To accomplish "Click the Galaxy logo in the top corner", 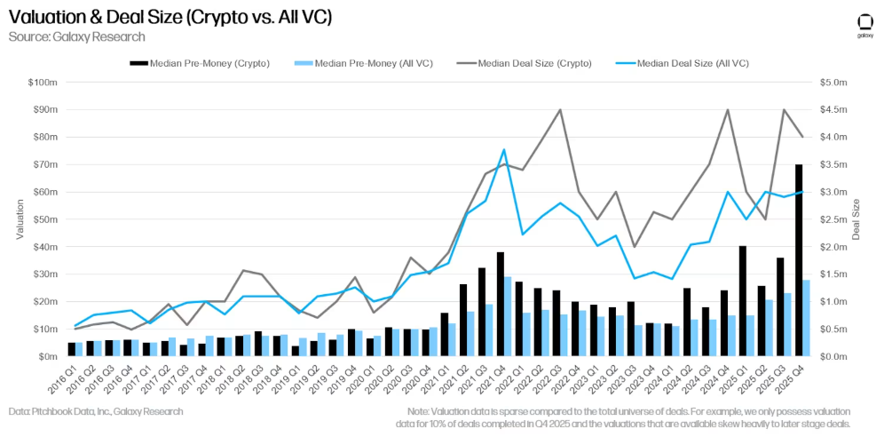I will tap(864, 25).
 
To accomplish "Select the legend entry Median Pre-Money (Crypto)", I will tap(201, 63).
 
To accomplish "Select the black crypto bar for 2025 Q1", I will tap(743, 301).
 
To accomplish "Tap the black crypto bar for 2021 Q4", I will tap(501, 304).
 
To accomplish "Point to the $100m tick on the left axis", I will tap(43, 83).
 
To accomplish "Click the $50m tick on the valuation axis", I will tap(45, 219).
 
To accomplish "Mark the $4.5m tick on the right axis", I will tap(836, 110).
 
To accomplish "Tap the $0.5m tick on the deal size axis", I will tap(836, 330).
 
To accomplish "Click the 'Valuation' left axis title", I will tap(20, 219).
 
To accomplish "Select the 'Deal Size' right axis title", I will tap(858, 219).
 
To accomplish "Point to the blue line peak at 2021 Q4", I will tap(504, 149).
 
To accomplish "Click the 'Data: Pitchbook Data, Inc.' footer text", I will tap(96, 411).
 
